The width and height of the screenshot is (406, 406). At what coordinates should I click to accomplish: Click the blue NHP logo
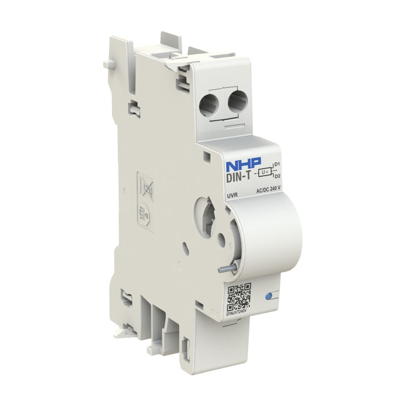[243, 163]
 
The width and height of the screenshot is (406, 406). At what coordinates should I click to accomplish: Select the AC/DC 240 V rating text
[268, 188]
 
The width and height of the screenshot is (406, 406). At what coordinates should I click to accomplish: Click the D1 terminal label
[277, 165]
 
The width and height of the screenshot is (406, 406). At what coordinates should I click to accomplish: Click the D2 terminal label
[277, 175]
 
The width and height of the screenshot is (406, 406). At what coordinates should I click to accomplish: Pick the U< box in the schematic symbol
[264, 172]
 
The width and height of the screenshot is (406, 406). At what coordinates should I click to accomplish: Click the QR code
[238, 297]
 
